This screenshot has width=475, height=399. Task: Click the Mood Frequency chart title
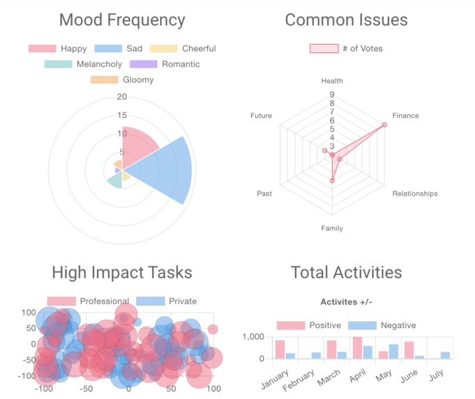[x=122, y=20]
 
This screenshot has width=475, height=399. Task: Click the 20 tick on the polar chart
[x=122, y=97]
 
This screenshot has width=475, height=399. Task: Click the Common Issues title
[x=346, y=20]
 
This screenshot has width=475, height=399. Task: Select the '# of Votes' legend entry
[x=346, y=49]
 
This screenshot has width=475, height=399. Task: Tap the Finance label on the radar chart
[x=405, y=116]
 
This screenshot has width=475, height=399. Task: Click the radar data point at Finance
[x=384, y=125]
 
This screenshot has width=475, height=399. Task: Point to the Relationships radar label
[x=415, y=194]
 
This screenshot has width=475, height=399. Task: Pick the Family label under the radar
[x=332, y=228]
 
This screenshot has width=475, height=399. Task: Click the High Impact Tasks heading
[x=122, y=272]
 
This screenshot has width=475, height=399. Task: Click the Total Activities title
[x=346, y=272]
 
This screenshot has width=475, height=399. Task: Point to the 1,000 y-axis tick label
[x=252, y=337]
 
